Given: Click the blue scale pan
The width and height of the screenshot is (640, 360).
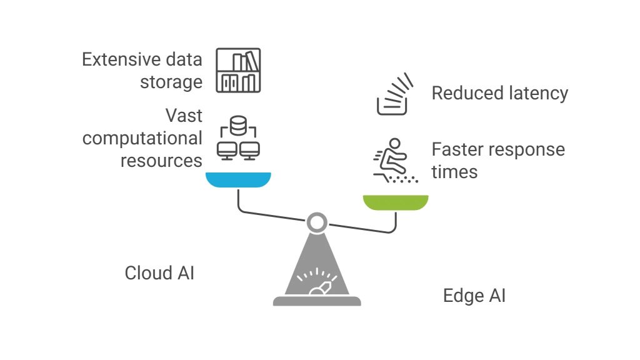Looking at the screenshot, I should [x=238, y=180].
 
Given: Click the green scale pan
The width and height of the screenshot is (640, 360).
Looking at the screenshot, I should [x=396, y=202].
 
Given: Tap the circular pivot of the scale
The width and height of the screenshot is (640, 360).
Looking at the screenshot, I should [x=316, y=222].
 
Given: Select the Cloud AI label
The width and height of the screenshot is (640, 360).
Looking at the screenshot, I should [x=159, y=273].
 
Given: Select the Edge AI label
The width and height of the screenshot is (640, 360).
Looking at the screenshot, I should [x=474, y=296].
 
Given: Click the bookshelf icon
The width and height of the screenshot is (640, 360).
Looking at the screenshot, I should [x=238, y=71].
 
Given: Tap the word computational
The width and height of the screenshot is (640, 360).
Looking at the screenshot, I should [x=142, y=138].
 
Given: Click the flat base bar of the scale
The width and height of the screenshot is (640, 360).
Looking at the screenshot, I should [x=317, y=301].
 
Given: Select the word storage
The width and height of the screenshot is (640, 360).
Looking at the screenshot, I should [x=171, y=82].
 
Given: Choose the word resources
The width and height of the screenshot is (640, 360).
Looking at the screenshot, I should [x=161, y=161].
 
